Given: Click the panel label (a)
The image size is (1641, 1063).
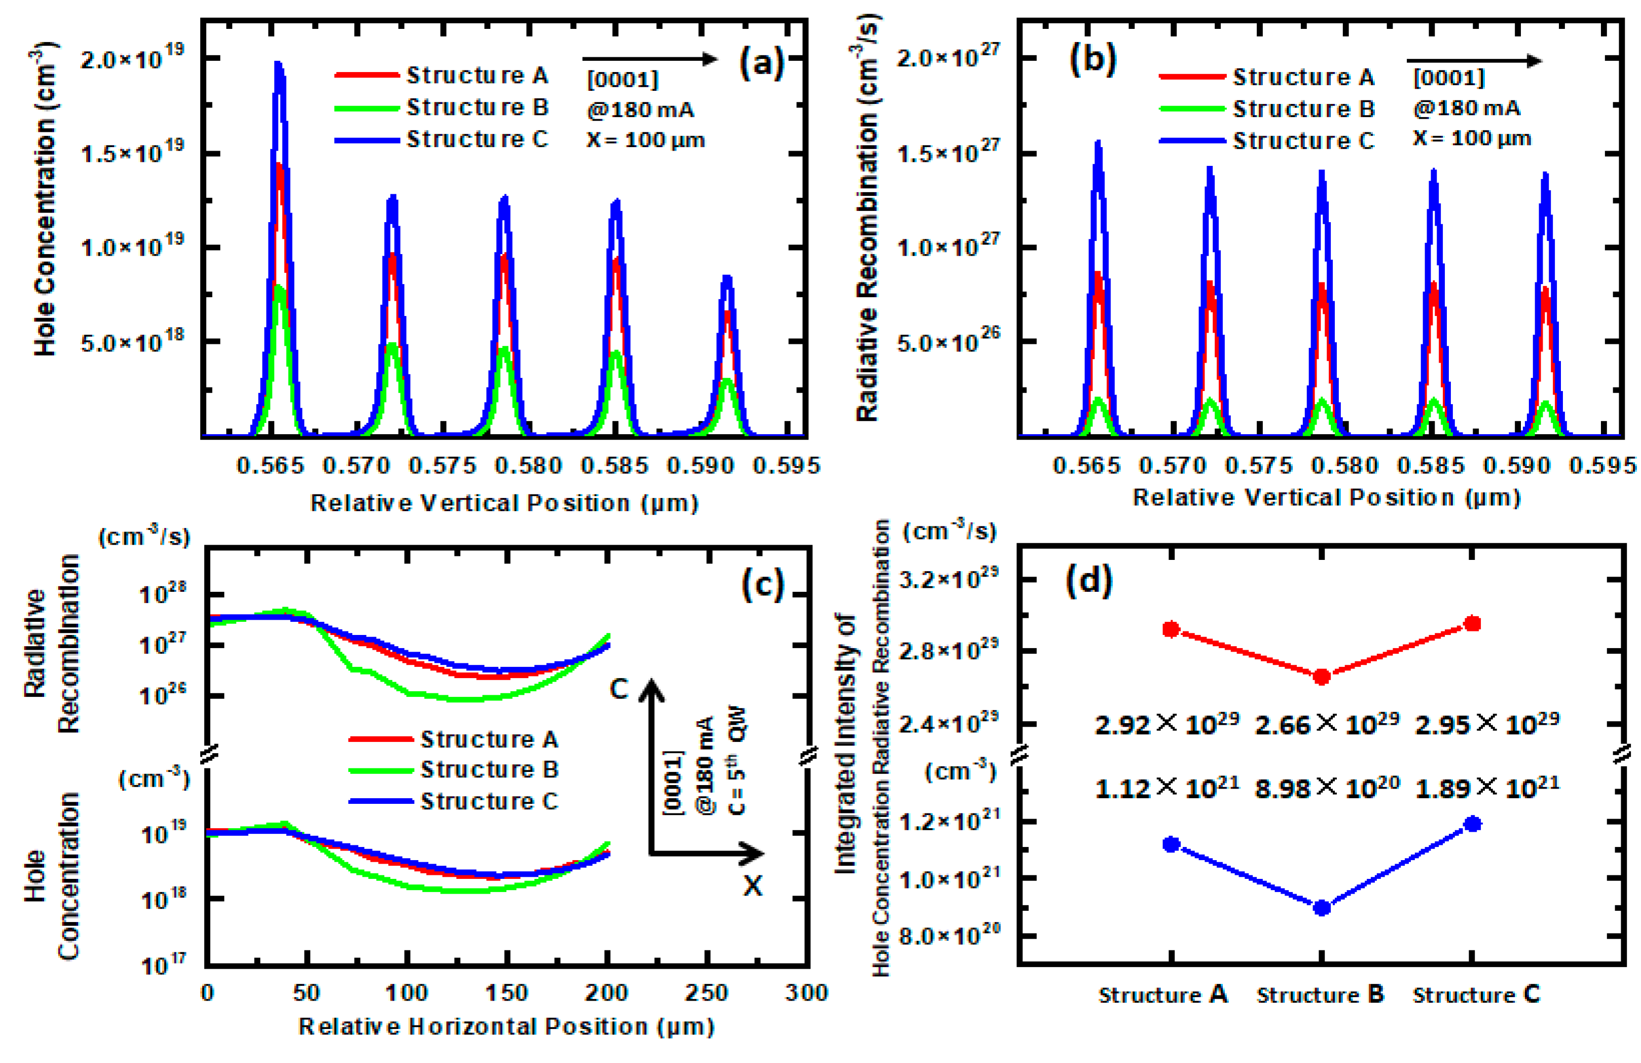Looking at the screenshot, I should (x=761, y=63).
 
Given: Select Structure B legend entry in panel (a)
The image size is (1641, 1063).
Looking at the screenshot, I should (x=477, y=108).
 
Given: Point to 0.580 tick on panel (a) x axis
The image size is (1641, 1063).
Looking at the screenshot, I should (x=528, y=466).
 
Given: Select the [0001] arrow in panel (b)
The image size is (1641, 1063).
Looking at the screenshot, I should (x=1473, y=61).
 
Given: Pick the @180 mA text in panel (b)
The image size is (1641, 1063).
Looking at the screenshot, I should (x=1466, y=109).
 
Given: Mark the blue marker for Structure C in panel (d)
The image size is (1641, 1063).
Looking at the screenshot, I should (x=1472, y=824).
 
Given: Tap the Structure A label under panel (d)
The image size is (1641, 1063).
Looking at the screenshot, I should (x=1162, y=994).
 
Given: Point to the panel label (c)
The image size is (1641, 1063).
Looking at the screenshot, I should (x=762, y=585).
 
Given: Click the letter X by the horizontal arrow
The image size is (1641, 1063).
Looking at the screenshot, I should (x=753, y=885).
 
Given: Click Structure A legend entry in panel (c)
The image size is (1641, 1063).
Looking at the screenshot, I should (x=488, y=739).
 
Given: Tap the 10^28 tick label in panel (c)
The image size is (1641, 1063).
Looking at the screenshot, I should (x=163, y=593).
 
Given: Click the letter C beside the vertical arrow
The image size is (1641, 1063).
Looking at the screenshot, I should (x=619, y=688).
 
